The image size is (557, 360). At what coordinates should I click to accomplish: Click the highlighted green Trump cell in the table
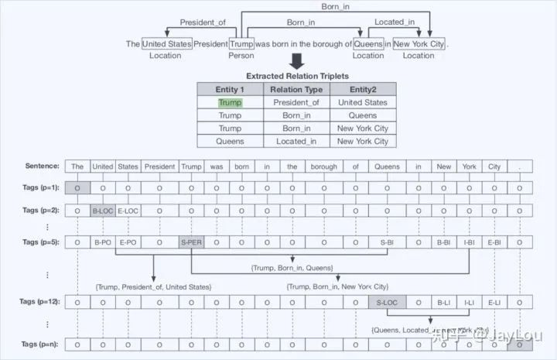(230, 102)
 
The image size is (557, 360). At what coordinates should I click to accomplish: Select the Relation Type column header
(297, 89)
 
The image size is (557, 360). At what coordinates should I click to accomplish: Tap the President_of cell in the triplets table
(297, 102)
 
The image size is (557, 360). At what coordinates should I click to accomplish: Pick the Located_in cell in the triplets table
(297, 142)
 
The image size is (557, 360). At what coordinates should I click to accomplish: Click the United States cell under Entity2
(362, 102)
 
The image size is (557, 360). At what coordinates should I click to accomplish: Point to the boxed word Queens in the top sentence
(368, 44)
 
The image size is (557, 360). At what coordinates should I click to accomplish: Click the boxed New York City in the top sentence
(419, 44)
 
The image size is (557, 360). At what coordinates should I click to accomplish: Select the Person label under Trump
(241, 56)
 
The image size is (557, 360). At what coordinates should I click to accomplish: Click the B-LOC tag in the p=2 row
(103, 210)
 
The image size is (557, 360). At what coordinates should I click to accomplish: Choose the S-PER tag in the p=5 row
(191, 243)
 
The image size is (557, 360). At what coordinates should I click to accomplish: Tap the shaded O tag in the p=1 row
(76, 187)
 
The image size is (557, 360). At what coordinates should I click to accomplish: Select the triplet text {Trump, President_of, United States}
(153, 286)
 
